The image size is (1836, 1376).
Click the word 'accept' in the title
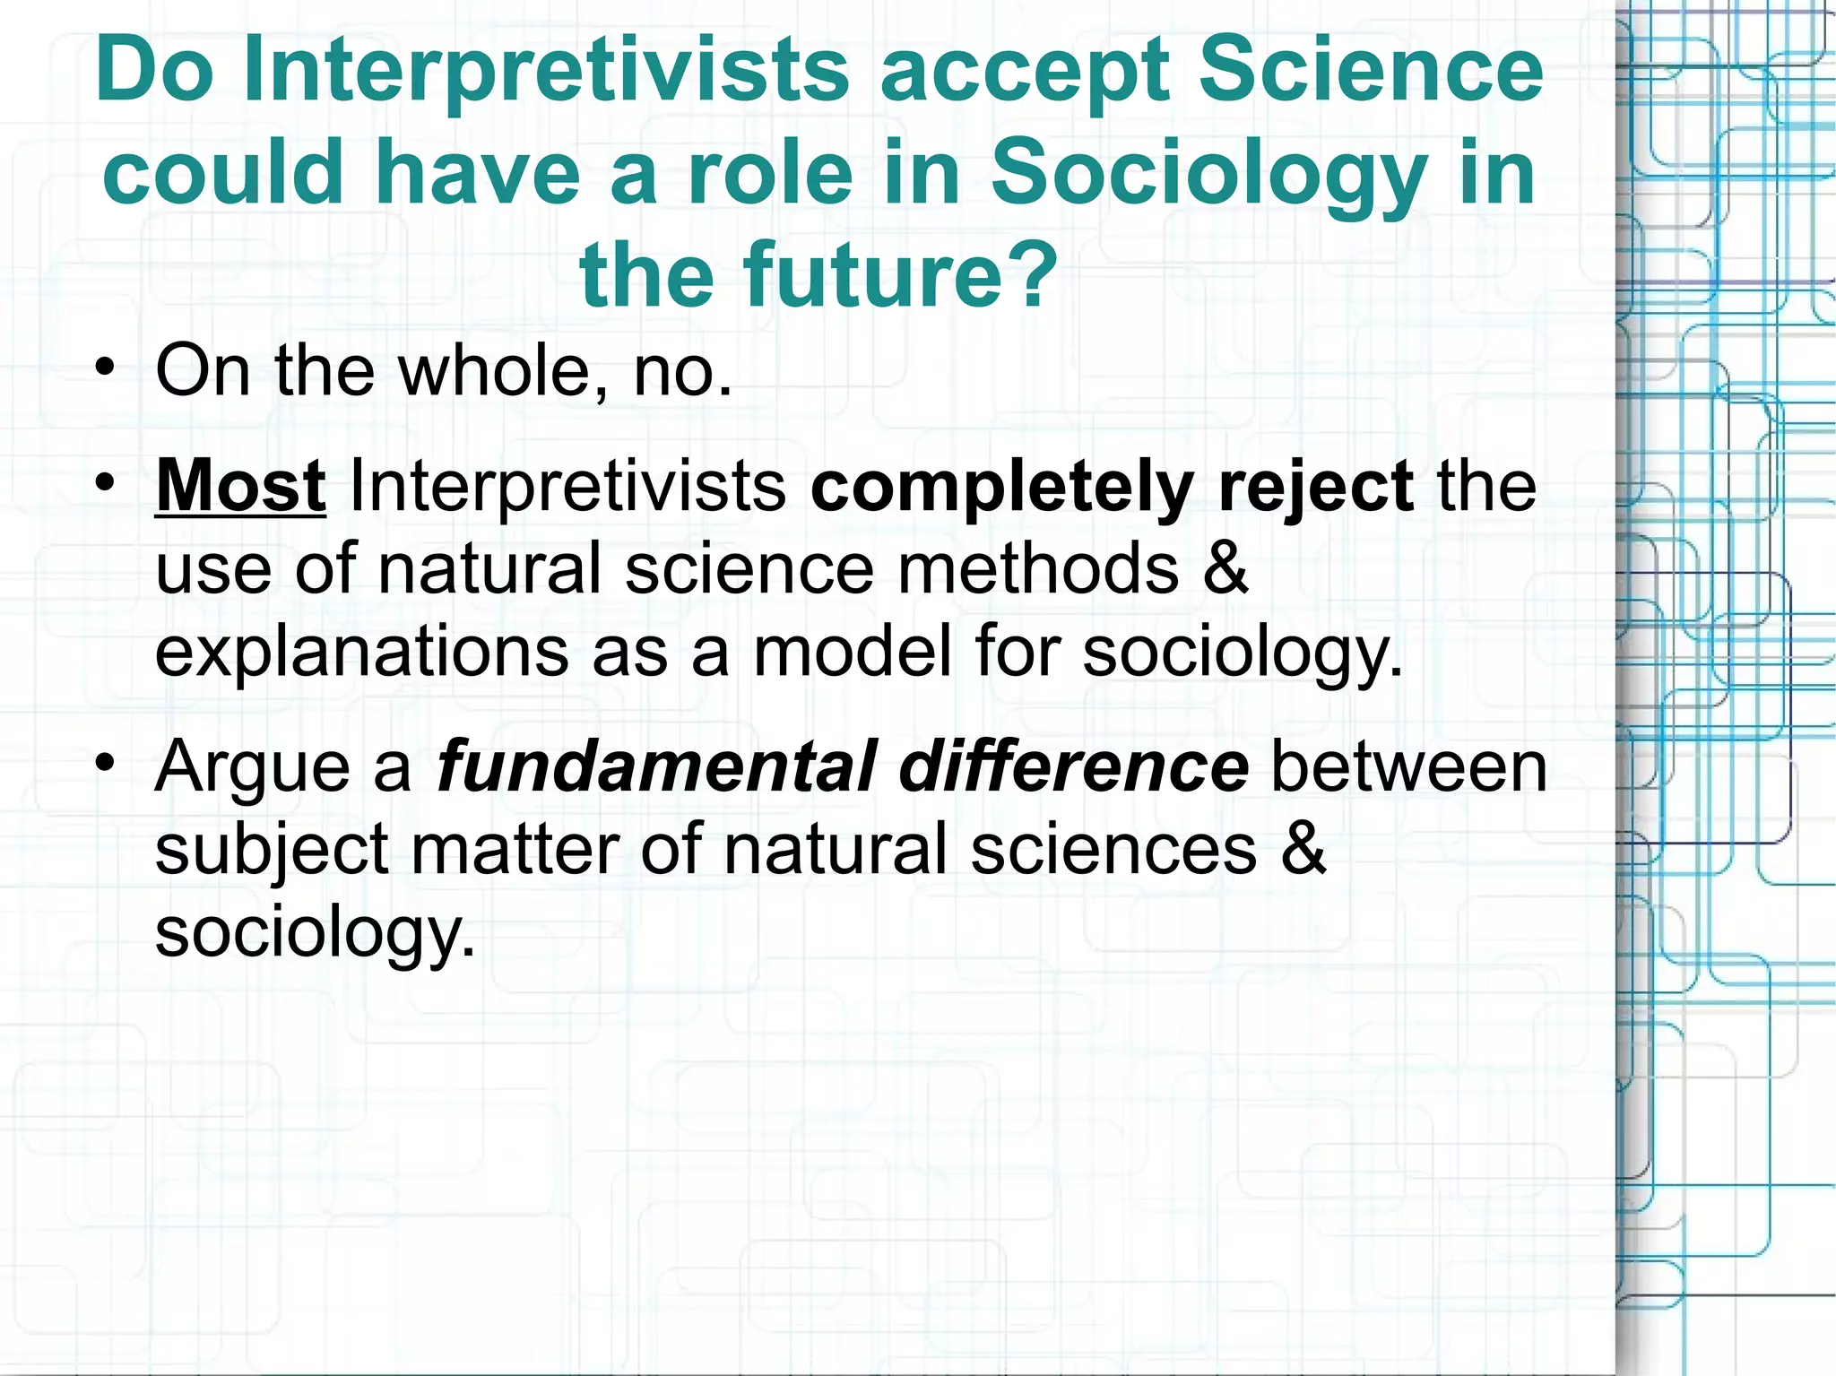[1026, 72]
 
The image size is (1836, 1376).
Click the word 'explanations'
[361, 653]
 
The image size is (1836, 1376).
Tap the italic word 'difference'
[1073, 767]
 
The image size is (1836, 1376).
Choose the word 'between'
[1408, 767]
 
